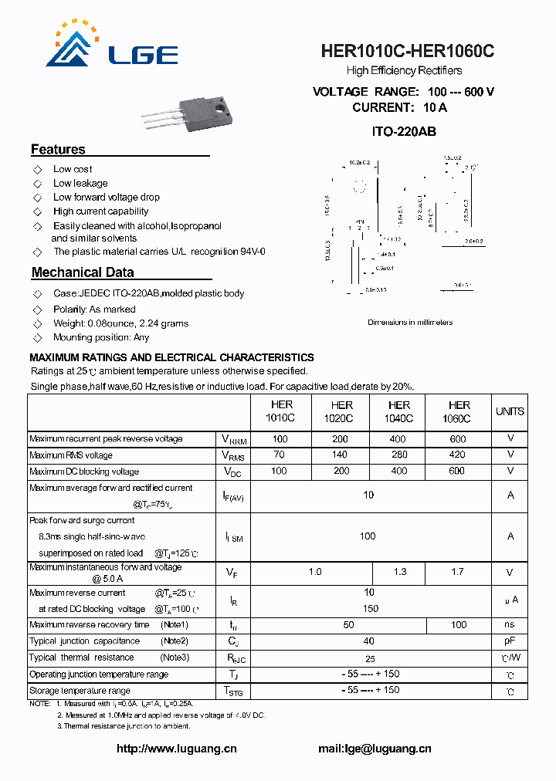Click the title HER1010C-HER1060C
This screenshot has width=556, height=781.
coord(408,52)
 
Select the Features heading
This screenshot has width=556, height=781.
coord(58,150)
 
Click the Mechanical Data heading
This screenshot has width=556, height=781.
coord(83,272)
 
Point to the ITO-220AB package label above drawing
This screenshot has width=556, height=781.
coord(404,132)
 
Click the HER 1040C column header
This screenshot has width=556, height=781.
coord(399,411)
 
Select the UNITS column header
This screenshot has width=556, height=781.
coord(510,411)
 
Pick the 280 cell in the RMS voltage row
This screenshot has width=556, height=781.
coord(399,455)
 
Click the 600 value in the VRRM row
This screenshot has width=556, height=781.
coord(459,438)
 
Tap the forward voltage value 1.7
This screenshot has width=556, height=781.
coord(459,572)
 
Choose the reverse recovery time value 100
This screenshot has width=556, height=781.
coord(459,624)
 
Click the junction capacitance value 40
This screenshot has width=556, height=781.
coord(369,641)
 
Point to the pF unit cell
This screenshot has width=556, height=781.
coord(510,641)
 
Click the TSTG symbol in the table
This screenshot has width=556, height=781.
coord(232,691)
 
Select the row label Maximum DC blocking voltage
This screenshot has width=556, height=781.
coord(84,472)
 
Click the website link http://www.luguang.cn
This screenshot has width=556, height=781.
coord(176,749)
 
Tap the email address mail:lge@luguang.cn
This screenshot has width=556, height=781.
coord(375,749)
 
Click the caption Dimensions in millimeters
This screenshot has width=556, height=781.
coord(410,322)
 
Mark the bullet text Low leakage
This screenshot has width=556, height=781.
coord(80,183)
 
